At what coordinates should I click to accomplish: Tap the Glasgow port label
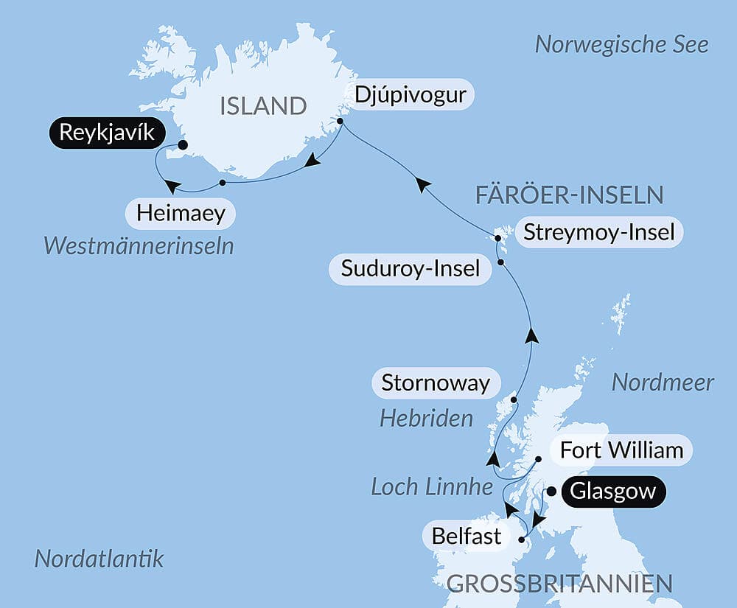point(613,492)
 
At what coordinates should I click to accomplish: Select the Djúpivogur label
point(411,95)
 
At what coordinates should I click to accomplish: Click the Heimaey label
point(181,214)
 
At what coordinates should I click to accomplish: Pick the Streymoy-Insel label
point(598,234)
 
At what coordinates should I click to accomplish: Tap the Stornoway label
point(436,383)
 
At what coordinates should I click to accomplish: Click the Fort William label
point(621,450)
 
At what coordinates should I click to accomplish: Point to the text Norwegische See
point(621,44)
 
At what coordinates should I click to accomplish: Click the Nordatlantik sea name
point(99,559)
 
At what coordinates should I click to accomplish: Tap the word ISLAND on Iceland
point(263,106)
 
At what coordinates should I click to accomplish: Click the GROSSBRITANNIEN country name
point(560,584)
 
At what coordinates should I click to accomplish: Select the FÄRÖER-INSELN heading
point(569,195)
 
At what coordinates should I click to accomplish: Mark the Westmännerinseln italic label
point(139,245)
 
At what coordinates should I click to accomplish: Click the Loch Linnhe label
point(432,486)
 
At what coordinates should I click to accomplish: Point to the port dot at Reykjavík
point(183,145)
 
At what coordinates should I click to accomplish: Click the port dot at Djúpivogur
point(340,121)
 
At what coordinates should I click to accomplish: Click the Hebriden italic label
point(426,419)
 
